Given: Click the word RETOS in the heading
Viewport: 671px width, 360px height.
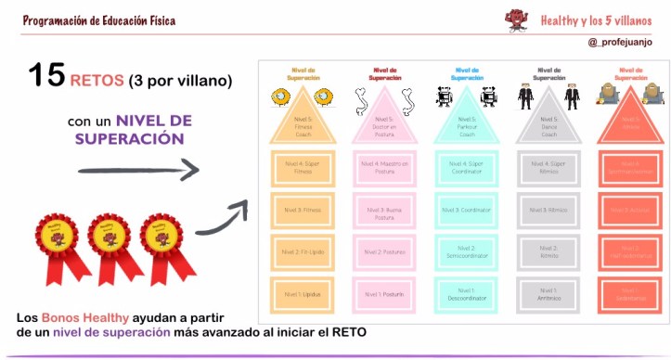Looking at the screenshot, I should pyautogui.click(x=100, y=80).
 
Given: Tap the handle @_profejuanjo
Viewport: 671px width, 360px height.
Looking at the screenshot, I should pyautogui.click(x=619, y=42).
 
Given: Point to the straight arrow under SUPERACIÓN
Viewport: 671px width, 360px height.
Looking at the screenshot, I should pyautogui.click(x=138, y=170).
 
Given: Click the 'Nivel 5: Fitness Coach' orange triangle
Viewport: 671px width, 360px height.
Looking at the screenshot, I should pyautogui.click(x=302, y=122).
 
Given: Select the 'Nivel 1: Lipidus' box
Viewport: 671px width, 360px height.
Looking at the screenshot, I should pyautogui.click(x=302, y=295).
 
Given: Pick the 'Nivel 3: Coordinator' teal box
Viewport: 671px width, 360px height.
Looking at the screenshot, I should pyautogui.click(x=465, y=210).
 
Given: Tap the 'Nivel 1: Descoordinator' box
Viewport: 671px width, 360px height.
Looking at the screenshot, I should pyautogui.click(x=465, y=295).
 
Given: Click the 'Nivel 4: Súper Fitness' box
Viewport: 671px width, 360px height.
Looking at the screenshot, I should pyautogui.click(x=302, y=167).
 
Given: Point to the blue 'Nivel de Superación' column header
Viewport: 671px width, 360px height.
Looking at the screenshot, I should pyautogui.click(x=464, y=73).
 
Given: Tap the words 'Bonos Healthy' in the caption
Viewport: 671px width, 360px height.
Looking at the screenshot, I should pyautogui.click(x=79, y=317).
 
